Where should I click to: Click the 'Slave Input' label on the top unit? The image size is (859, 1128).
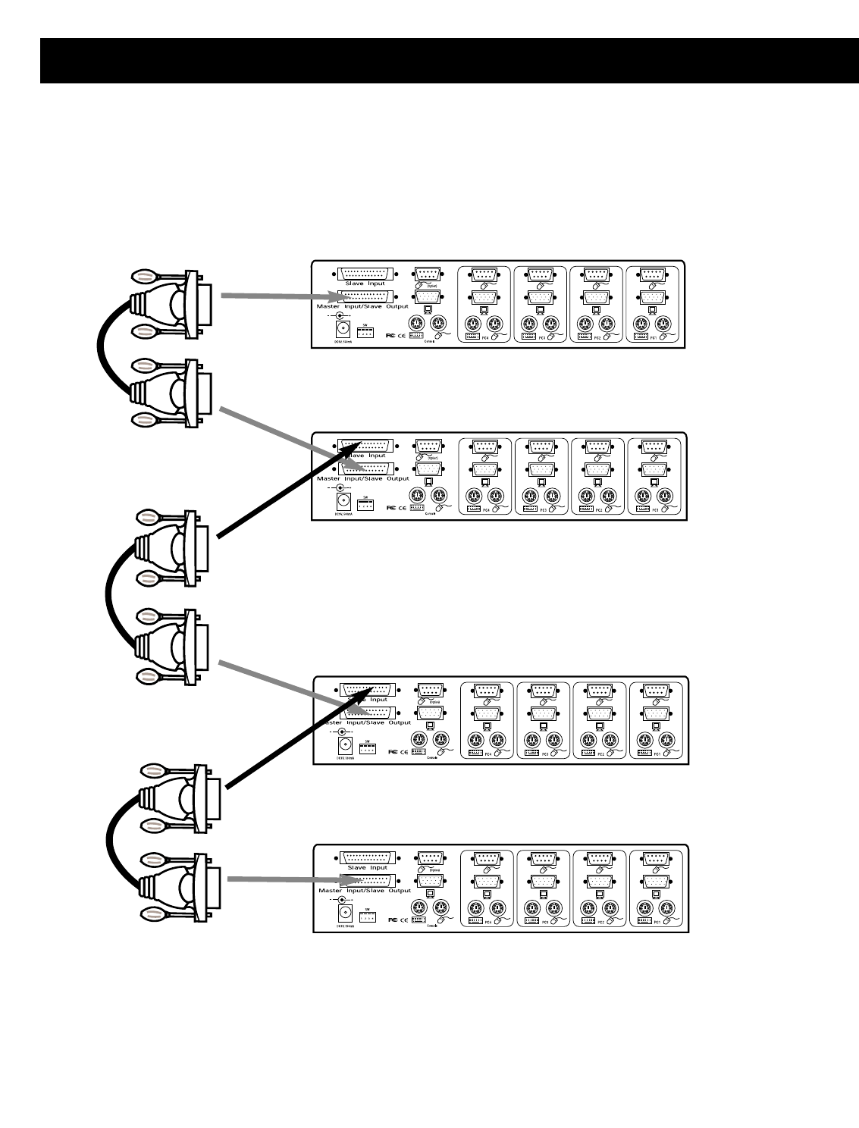(366, 284)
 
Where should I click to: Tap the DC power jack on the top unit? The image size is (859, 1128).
(341, 329)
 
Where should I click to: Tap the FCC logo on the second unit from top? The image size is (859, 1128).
(391, 507)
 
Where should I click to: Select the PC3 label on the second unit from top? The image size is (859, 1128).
(541, 509)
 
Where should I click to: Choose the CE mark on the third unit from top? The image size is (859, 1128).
(405, 752)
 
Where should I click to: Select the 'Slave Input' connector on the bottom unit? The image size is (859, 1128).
(368, 857)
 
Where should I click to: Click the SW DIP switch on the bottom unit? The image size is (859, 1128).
(368, 917)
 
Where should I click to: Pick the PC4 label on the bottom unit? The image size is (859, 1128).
(487, 922)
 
